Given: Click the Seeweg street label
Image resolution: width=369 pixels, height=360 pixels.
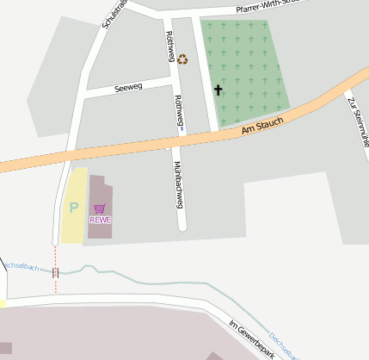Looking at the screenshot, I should (105, 88).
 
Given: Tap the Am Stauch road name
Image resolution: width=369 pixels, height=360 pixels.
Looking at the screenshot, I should (262, 126).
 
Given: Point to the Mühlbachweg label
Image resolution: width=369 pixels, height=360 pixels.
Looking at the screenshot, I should (179, 184).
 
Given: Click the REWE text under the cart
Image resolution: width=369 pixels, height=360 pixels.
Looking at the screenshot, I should (100, 220).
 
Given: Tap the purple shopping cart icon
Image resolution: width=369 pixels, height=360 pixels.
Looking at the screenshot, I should (100, 208).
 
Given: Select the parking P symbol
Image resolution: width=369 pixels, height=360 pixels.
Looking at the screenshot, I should (74, 208).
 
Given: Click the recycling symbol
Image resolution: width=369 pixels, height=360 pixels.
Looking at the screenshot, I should (182, 59).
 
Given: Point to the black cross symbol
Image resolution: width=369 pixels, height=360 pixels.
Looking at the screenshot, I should (218, 90).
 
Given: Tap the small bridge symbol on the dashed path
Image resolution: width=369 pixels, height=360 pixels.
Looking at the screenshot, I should (56, 272).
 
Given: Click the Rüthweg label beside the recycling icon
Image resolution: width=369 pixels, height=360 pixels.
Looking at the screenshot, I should (169, 47).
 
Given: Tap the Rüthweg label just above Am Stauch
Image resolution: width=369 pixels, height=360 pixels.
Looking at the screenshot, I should (178, 112).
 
